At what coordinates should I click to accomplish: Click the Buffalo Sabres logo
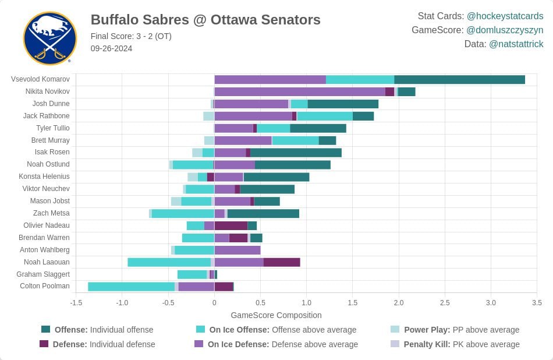tap(50, 38)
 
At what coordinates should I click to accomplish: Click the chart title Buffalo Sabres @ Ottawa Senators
tap(205, 20)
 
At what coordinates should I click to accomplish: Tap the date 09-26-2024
tap(111, 49)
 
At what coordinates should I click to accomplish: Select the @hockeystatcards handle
tap(505, 16)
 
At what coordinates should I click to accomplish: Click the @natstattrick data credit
tap(516, 44)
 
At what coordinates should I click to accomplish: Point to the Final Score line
tap(131, 36)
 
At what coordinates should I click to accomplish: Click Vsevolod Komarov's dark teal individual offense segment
tap(459, 79)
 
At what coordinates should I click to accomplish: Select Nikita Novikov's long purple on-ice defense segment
tap(300, 92)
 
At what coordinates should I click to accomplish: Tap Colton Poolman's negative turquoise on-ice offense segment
tap(131, 287)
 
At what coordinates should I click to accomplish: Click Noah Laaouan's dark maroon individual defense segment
tap(282, 262)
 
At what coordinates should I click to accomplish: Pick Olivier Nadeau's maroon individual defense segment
tap(231, 226)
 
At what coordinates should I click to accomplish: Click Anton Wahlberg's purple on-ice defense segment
tap(237, 250)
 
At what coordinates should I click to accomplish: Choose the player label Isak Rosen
tap(52, 152)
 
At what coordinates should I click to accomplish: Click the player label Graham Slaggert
tap(43, 274)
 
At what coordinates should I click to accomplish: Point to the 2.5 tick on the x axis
tap(445, 302)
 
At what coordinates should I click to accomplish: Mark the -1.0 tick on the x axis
tap(122, 302)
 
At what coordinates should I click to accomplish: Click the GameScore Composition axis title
tap(276, 315)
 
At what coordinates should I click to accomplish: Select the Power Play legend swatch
tap(395, 329)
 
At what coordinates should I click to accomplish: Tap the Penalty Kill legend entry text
tap(462, 344)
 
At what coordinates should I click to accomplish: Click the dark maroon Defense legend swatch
tap(44, 344)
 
